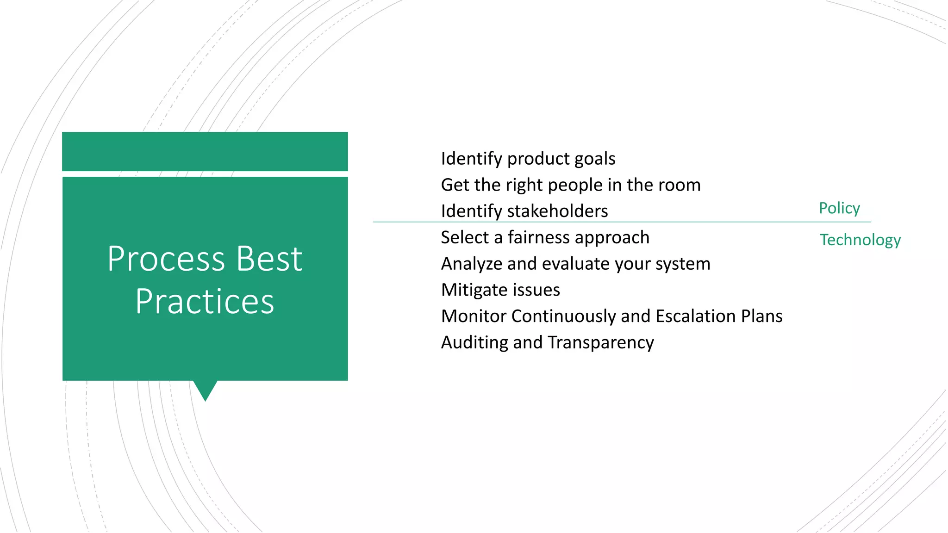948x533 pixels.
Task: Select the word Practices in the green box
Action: click(x=205, y=302)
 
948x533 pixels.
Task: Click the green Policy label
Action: click(x=839, y=208)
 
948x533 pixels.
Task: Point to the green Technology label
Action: click(x=860, y=240)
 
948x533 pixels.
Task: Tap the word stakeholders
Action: click(x=557, y=211)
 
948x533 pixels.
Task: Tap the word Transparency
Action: click(x=600, y=343)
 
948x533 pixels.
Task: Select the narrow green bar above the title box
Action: click(x=205, y=151)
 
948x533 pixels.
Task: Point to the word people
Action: click(x=575, y=186)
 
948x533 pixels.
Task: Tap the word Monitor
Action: click(x=474, y=316)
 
